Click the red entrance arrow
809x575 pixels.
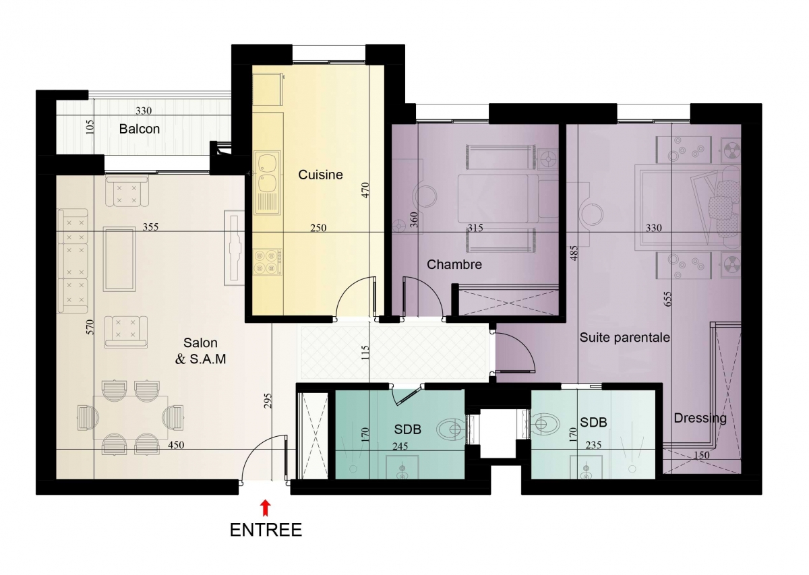point(266,507)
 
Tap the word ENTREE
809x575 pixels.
point(266,531)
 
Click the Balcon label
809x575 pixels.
point(140,129)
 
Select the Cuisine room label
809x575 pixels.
point(320,175)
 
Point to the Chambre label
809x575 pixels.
point(454,264)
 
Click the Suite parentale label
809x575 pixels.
point(625,337)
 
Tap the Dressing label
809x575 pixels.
point(700,418)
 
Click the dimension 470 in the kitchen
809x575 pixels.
point(365,190)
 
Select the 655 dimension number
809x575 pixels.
point(668,299)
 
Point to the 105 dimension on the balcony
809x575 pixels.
point(90,127)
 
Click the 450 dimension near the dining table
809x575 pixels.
point(176,445)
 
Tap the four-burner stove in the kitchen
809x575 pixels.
point(268,262)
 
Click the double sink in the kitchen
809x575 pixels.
point(267,183)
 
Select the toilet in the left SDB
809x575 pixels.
point(452,429)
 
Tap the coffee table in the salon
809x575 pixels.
point(119,259)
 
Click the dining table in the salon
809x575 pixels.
point(131,417)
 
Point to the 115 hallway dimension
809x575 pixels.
point(365,353)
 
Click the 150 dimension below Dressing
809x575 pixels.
point(701,456)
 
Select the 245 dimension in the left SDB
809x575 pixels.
point(400,446)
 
